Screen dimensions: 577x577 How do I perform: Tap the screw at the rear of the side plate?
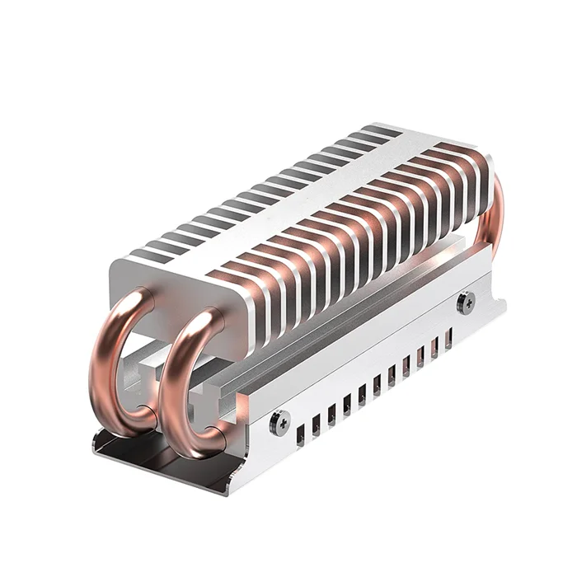466,303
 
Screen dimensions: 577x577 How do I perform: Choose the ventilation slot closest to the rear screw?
448,338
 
